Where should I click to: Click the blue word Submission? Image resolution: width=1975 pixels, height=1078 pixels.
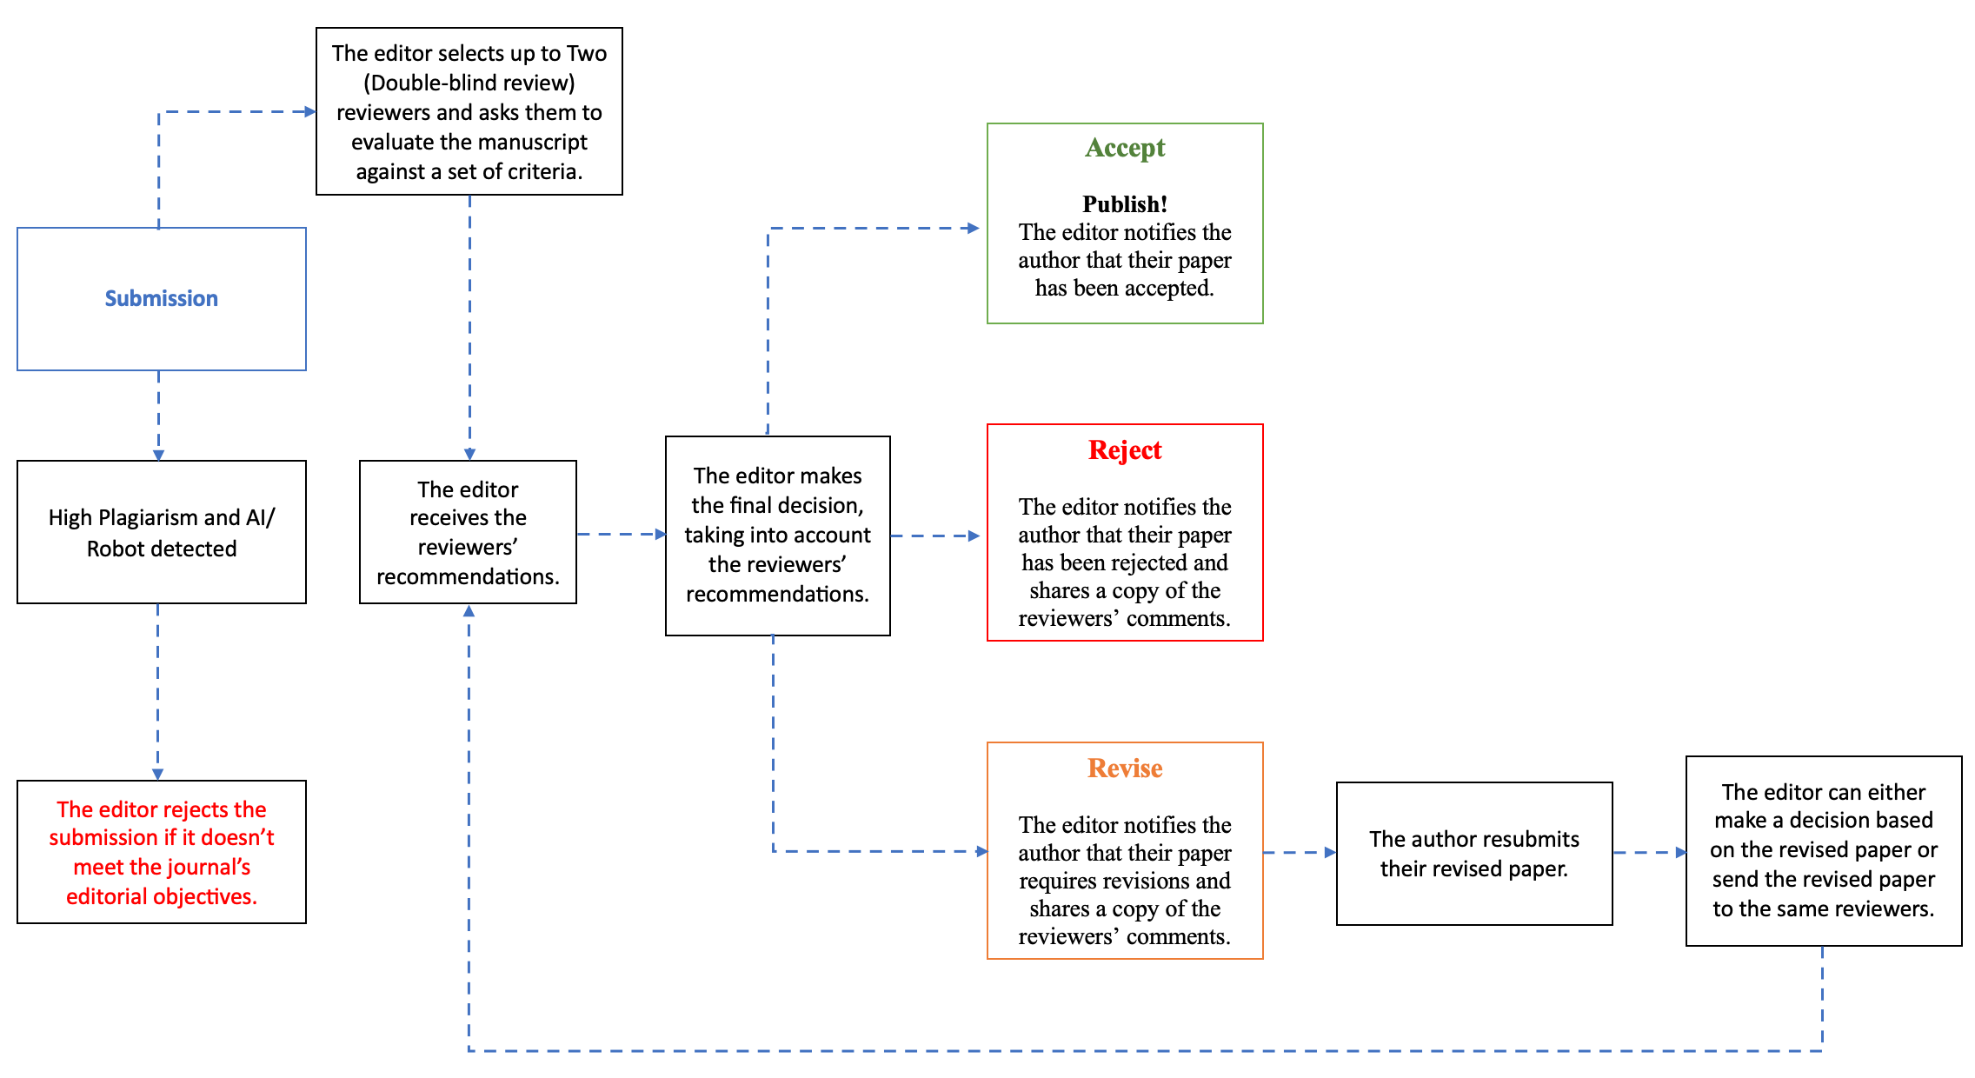(x=162, y=298)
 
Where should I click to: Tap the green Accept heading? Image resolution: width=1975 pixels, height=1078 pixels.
(x=1125, y=148)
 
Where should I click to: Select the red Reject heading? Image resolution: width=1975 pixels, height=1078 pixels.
(x=1125, y=449)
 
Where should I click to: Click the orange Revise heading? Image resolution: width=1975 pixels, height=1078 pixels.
(x=1125, y=768)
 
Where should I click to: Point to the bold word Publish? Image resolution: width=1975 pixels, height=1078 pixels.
(x=1125, y=204)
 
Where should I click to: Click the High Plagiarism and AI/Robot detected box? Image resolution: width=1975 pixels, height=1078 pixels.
(x=162, y=532)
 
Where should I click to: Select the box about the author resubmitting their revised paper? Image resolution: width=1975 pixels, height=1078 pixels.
(x=1474, y=854)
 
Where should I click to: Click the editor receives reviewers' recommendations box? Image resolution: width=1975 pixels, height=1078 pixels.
(x=468, y=532)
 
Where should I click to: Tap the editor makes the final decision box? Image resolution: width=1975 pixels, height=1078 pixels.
(x=778, y=536)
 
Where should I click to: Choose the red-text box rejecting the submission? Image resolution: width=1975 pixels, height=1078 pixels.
(x=162, y=852)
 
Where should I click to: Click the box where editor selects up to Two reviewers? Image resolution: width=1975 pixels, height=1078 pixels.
(x=469, y=111)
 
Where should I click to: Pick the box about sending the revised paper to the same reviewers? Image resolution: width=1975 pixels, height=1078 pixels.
(x=1824, y=851)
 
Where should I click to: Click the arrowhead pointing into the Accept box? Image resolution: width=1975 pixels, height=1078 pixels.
(x=974, y=229)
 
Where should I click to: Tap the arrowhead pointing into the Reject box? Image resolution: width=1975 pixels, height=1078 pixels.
(x=974, y=536)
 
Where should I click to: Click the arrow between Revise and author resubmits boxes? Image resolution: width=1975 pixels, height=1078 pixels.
(x=1300, y=853)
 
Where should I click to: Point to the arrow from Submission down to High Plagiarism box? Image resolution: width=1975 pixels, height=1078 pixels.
(x=158, y=416)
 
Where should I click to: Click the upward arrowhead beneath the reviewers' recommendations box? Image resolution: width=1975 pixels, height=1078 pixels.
(x=469, y=611)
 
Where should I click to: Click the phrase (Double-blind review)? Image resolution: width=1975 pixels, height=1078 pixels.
(x=469, y=83)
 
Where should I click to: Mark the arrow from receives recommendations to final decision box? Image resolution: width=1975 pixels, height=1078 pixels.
(x=622, y=535)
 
